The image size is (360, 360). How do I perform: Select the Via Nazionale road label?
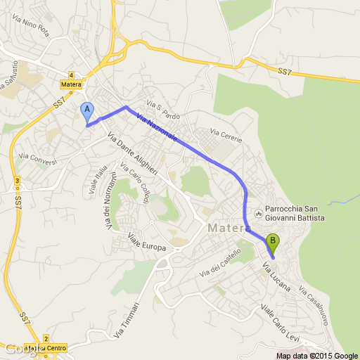(157, 130)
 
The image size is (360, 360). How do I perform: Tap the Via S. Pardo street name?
(164, 111)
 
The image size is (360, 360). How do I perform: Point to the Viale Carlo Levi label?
(279, 322)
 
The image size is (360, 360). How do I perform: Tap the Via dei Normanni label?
(108, 206)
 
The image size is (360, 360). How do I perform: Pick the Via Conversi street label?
(38, 156)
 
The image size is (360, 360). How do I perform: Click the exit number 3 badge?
(15, 181)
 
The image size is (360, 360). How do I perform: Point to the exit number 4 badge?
(72, 75)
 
